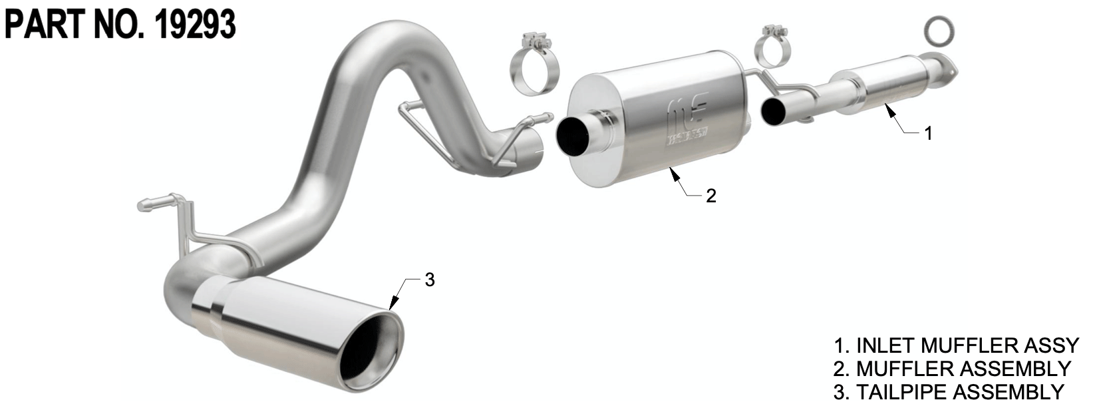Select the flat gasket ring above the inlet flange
[939, 31]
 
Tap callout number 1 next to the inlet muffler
[928, 134]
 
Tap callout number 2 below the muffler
[710, 196]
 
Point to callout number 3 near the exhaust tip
[429, 280]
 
